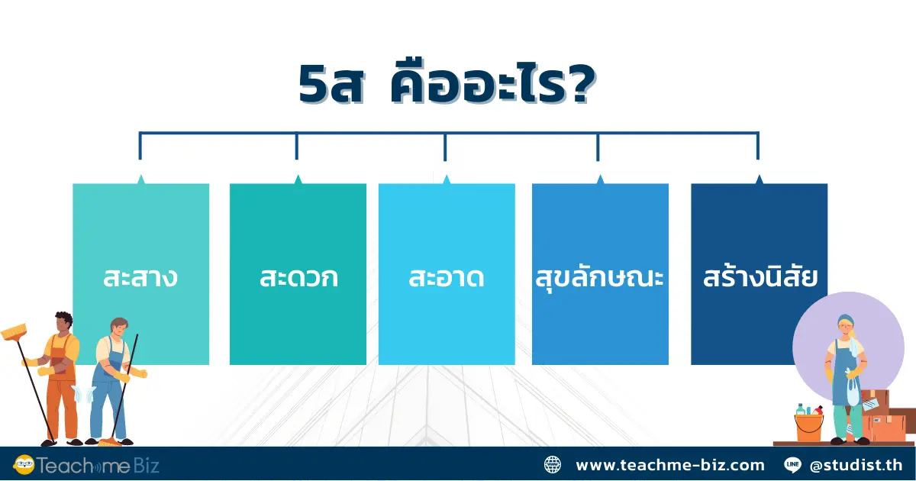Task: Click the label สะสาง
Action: [140, 277]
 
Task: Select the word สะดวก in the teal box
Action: [298, 277]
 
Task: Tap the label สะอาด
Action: [447, 277]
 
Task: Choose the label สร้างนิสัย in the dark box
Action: [760, 277]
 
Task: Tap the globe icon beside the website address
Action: [552, 464]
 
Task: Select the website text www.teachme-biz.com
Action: [669, 464]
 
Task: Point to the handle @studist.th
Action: [856, 464]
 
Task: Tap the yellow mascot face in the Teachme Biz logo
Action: [24, 464]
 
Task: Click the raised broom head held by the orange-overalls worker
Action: [15, 333]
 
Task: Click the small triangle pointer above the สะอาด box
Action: [447, 179]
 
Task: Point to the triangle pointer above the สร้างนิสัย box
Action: [759, 179]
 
